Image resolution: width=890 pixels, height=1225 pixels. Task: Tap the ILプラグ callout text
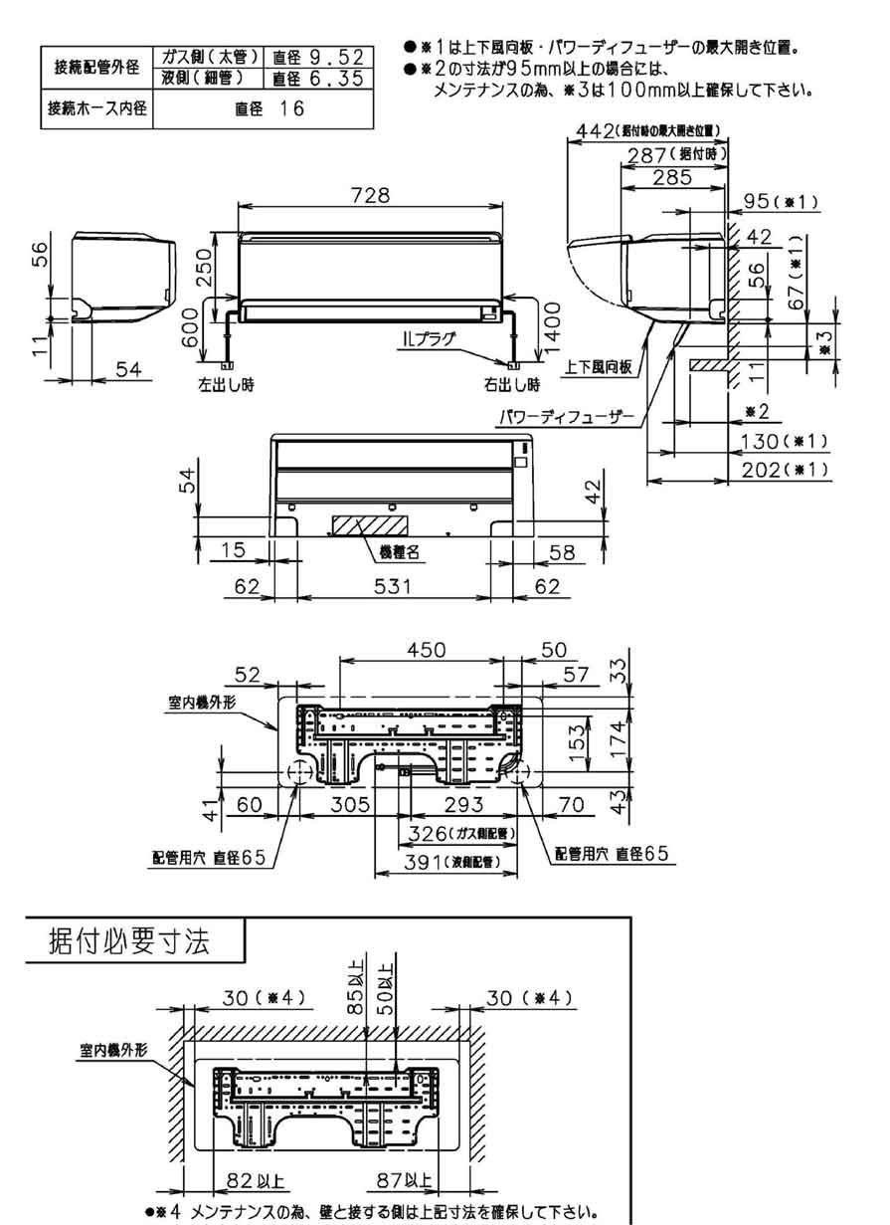(x=429, y=338)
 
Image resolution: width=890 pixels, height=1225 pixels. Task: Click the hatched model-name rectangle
(x=361, y=526)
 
